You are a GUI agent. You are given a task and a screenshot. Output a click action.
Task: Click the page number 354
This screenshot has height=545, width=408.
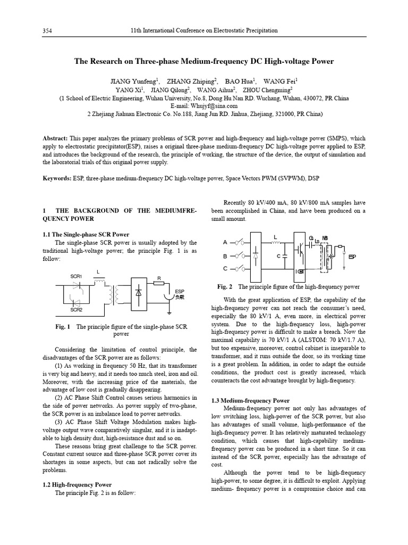tap(47, 31)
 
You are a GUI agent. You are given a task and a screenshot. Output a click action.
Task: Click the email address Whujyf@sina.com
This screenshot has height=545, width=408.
tap(204, 106)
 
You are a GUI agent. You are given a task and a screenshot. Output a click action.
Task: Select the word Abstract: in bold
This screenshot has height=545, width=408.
tap(55, 138)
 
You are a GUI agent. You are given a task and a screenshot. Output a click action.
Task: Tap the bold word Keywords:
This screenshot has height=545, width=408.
tap(56, 178)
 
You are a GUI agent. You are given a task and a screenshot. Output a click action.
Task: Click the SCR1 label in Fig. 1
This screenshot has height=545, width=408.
tap(76, 276)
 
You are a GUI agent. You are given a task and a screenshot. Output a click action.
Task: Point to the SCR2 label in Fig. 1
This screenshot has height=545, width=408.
tap(76, 309)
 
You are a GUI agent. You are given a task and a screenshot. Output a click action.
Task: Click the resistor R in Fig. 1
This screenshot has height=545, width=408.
tap(159, 283)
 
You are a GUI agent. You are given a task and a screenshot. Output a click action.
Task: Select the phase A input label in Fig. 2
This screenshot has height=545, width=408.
tap(225, 242)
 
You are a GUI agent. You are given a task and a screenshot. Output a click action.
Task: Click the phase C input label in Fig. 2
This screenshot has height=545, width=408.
tap(225, 269)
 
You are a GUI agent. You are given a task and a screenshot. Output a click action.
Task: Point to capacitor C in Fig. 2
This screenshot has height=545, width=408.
tap(285, 256)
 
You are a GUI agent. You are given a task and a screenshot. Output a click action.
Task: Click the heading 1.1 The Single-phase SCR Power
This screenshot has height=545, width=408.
tap(86, 234)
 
